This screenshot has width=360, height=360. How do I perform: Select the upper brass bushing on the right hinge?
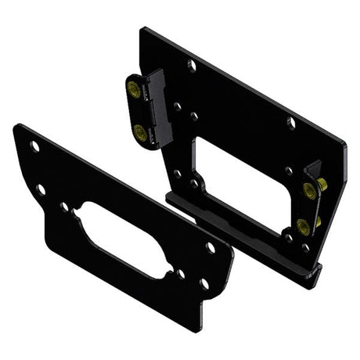308,188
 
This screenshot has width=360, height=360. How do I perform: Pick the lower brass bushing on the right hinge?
303,227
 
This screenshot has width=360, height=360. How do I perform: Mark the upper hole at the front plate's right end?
210,247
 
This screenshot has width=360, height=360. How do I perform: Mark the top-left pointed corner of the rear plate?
142,30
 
